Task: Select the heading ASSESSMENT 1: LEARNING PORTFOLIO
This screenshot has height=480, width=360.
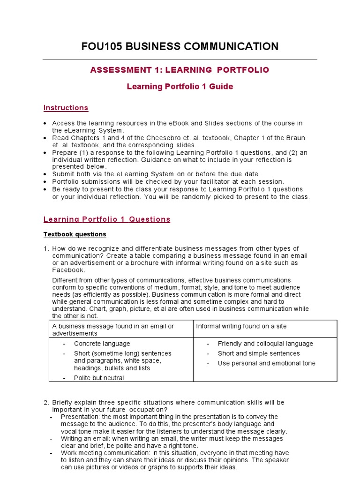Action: pyautogui.click(x=180, y=70)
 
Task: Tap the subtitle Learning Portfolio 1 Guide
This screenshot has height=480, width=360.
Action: pyautogui.click(x=180, y=87)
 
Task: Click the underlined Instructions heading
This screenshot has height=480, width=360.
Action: pyautogui.click(x=66, y=108)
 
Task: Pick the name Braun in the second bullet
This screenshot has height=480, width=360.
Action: pyautogui.click(x=294, y=138)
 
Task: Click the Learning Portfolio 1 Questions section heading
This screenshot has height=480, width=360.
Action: pyautogui.click(x=107, y=219)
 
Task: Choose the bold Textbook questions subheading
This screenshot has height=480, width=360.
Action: pyautogui.click(x=75, y=234)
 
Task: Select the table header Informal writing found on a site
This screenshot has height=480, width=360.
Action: pyautogui.click(x=241, y=326)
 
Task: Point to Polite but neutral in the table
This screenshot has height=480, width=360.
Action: pyautogui.click(x=99, y=378)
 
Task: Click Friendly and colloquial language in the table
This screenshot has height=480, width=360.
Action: pyautogui.click(x=265, y=344)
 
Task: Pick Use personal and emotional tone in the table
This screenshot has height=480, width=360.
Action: pyautogui.click(x=266, y=363)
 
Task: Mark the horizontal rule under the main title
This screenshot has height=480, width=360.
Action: pyautogui.click(x=180, y=60)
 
